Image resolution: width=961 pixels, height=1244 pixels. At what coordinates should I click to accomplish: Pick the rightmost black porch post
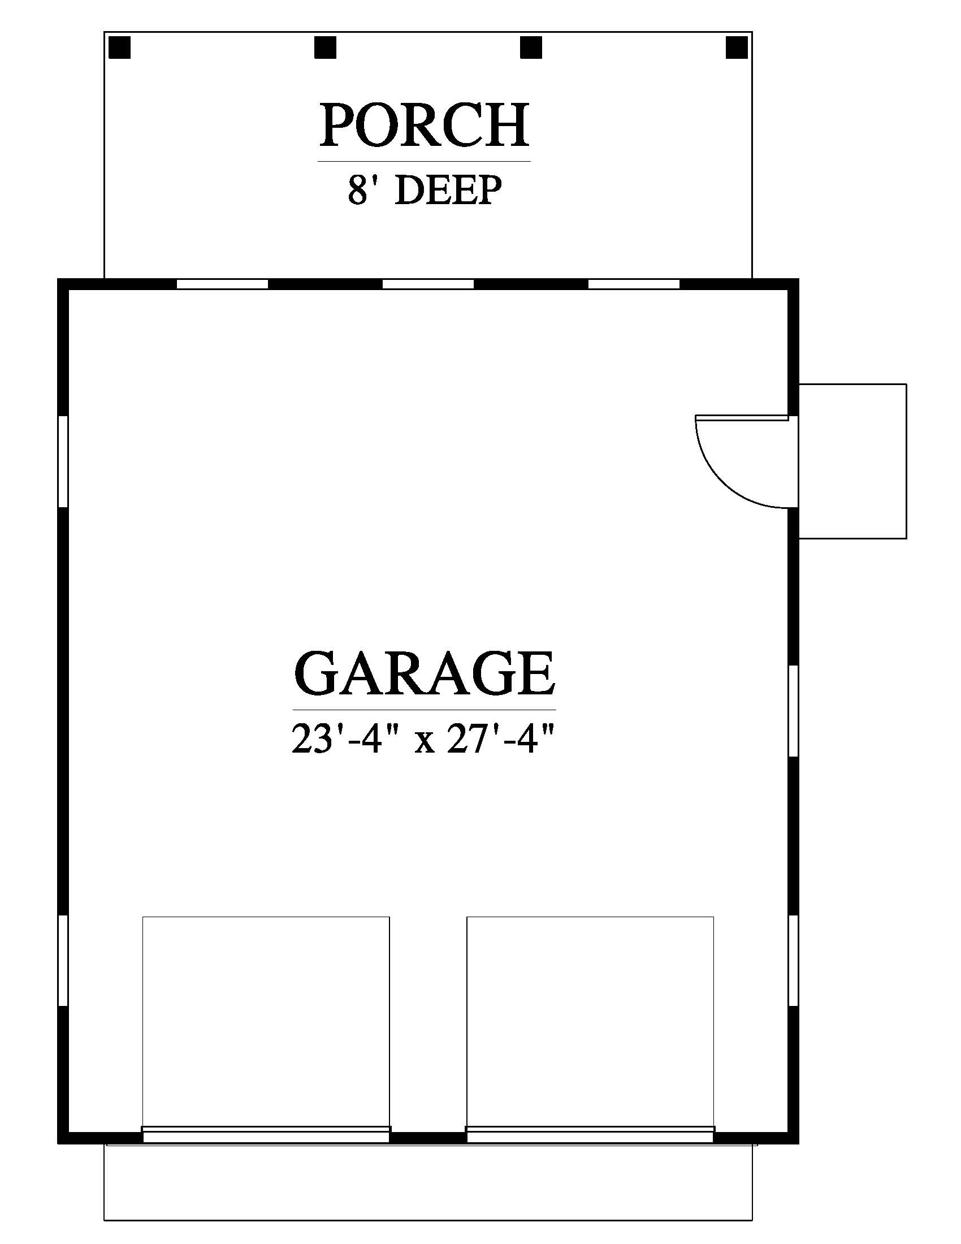(x=736, y=47)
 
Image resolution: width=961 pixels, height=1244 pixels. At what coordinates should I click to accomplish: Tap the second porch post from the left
(x=325, y=47)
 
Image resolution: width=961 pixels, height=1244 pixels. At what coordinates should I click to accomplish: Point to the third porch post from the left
(x=531, y=47)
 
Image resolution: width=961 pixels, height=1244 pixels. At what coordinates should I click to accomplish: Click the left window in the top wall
(x=222, y=284)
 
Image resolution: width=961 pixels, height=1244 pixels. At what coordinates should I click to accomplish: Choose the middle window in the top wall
(x=427, y=284)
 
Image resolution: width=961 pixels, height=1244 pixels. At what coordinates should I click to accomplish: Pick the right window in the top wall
(x=634, y=284)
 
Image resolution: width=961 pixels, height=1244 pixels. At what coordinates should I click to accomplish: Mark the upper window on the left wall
(x=63, y=461)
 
